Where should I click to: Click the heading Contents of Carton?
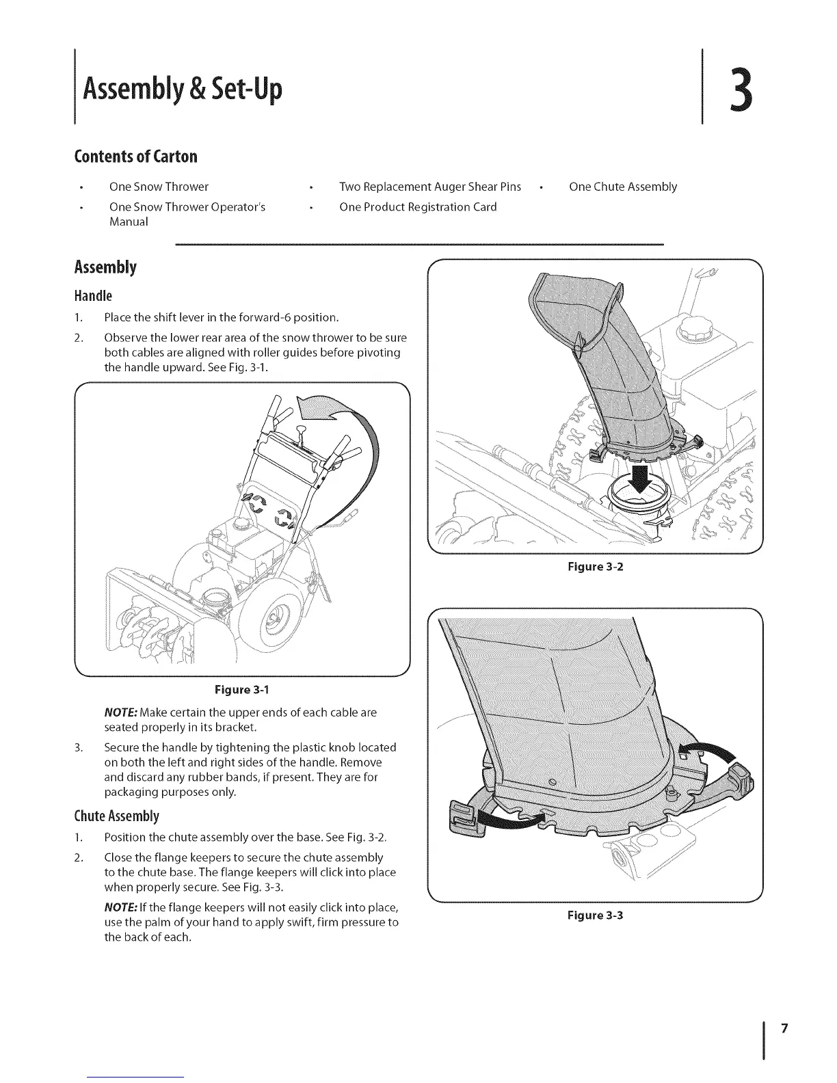135,157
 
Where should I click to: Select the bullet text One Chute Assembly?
622,187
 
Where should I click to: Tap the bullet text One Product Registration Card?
418,206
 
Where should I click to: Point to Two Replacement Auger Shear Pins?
430,187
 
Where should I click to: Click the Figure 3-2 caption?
594,566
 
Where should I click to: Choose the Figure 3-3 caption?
594,915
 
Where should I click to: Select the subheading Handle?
93,296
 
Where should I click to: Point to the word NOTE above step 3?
119,712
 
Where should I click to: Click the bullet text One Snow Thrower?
159,187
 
